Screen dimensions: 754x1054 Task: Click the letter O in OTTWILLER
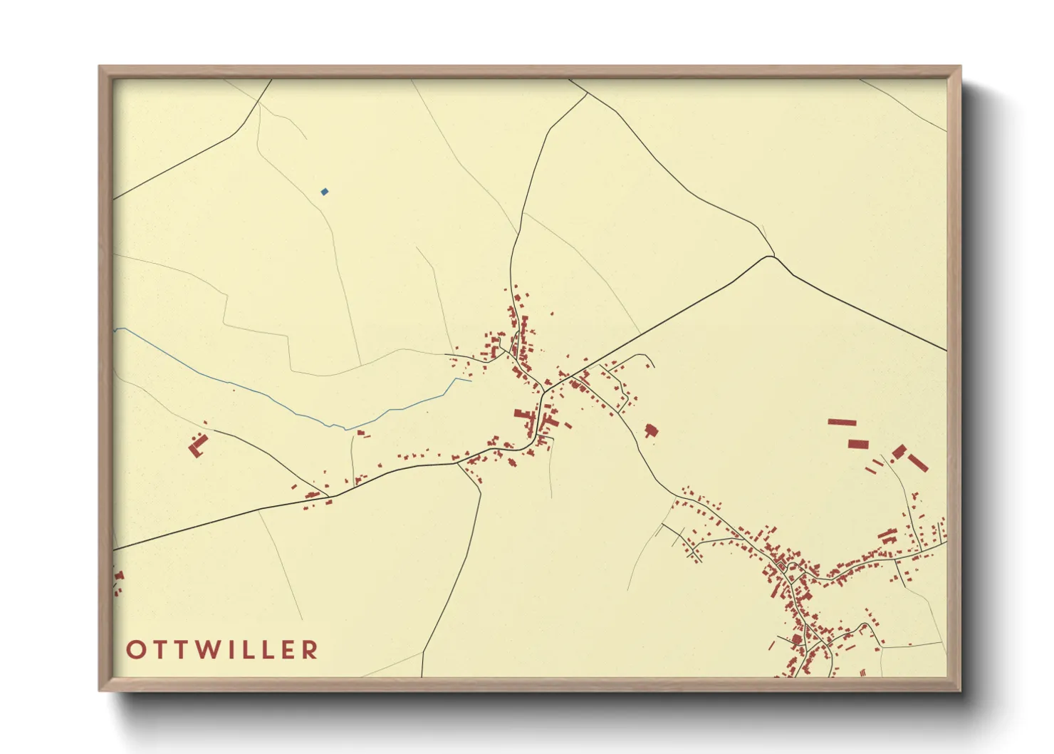[x=135, y=650]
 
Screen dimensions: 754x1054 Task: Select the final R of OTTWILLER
[x=310, y=650]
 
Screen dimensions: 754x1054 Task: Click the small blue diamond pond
[x=325, y=192]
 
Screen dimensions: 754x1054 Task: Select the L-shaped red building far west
[x=197, y=446]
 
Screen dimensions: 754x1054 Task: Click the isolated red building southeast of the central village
[x=650, y=430]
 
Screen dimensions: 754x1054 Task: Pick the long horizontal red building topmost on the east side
[x=841, y=422]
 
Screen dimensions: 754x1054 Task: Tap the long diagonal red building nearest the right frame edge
[x=918, y=463]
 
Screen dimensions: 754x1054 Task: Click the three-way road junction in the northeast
[x=771, y=256]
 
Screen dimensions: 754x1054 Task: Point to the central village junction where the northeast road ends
[x=545, y=389]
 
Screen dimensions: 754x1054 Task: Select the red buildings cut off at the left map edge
[x=118, y=581]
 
